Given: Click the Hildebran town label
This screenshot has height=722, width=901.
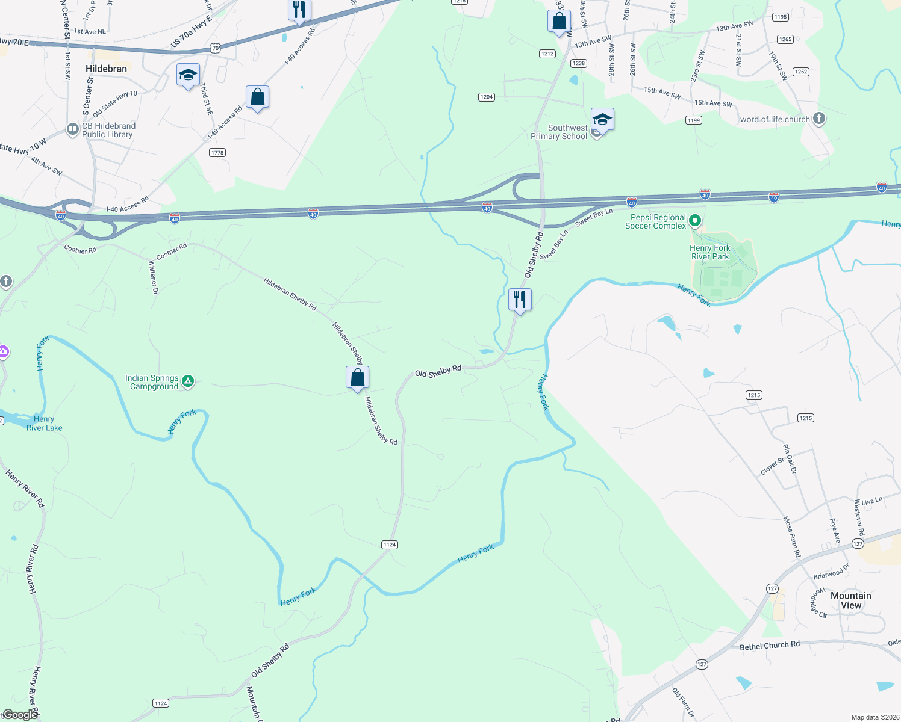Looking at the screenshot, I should pos(106,69).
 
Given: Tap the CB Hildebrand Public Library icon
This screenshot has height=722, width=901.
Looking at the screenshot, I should pos(72,129).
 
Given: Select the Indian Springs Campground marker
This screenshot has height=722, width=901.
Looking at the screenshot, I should pos(188,381).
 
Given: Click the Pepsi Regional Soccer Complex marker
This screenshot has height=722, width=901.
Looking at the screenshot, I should pos(694,221).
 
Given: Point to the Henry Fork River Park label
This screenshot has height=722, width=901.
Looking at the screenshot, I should pos(709,252).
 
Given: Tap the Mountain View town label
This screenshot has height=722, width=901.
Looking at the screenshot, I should pos(850,600).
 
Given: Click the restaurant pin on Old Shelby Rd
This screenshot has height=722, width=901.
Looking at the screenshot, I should pos(520,299).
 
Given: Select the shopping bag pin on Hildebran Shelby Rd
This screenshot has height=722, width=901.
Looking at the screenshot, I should pos(357,378).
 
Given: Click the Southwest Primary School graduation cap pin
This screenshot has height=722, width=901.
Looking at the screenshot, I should pos(602,120).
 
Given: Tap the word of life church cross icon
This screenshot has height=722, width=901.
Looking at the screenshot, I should pos(818,119).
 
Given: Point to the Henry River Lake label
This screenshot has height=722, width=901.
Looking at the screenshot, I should pos(44,424).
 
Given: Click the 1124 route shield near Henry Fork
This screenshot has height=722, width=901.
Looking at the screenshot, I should pos(390,545).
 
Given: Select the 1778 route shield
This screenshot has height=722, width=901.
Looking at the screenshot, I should pos(217,153).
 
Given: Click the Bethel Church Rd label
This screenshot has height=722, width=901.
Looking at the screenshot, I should pos(770,646).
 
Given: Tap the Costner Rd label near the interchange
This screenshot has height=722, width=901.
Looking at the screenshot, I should pos(80,250).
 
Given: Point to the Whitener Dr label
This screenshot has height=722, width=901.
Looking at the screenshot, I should pos(153,277).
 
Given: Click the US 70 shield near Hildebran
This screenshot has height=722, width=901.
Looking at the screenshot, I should pos(215,48).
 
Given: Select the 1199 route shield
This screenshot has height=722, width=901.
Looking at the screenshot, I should pos(693,120).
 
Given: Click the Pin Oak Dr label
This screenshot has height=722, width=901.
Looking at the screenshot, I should pos(790,458).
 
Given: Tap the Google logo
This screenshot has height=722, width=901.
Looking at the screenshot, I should pos(20,715).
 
